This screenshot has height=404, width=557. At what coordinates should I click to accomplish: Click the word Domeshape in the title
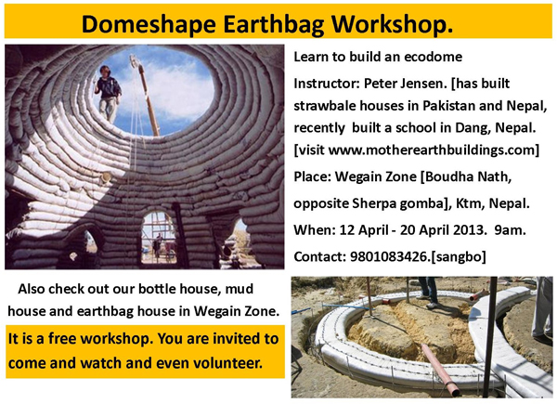(x=149, y=24)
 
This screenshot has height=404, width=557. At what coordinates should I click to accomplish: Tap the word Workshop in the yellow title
(x=392, y=24)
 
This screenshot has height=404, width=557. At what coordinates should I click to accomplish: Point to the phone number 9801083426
(x=389, y=256)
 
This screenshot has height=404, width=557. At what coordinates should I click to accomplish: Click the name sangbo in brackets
(x=459, y=256)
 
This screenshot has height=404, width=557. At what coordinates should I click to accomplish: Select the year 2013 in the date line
(x=469, y=230)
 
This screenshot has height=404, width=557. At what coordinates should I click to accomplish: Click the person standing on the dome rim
(x=108, y=94)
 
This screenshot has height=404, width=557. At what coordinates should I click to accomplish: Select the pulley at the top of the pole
(x=135, y=61)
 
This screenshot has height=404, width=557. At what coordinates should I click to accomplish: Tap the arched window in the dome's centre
(x=159, y=237)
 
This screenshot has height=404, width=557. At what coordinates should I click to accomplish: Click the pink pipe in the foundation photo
(x=440, y=370)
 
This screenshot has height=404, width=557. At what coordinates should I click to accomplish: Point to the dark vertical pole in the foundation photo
(x=488, y=336)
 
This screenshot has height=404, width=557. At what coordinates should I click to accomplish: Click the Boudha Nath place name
(x=468, y=176)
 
